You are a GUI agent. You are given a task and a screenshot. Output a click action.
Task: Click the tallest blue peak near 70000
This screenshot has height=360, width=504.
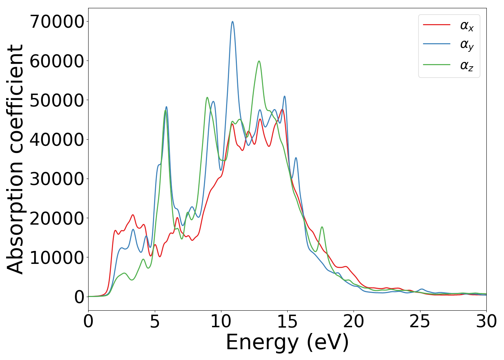(233, 22)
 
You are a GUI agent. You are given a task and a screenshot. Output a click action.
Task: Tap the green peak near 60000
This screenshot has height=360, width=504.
(259, 61)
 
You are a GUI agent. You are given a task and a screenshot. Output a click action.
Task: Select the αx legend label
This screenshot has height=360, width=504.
(467, 26)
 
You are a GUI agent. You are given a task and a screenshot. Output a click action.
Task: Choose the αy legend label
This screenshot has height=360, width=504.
(467, 45)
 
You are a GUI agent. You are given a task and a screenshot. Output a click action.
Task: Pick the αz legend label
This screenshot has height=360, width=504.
(467, 66)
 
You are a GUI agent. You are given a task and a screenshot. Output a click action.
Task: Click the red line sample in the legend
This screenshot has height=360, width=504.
(436, 25)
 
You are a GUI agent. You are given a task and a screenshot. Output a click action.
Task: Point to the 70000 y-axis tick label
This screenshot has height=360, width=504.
(57, 22)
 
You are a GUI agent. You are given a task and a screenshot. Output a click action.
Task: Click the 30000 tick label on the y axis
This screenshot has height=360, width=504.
(57, 179)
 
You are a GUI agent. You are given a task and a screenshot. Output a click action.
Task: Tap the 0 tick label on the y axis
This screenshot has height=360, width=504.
(79, 297)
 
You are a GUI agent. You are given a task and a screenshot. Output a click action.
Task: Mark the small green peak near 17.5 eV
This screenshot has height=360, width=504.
(322, 227)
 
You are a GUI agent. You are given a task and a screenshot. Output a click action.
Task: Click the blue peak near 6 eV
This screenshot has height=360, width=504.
(166, 107)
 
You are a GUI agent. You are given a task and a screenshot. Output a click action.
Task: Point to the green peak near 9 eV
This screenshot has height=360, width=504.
(207, 97)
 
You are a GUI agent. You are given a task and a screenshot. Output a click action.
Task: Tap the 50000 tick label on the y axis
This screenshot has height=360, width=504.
(57, 100)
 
